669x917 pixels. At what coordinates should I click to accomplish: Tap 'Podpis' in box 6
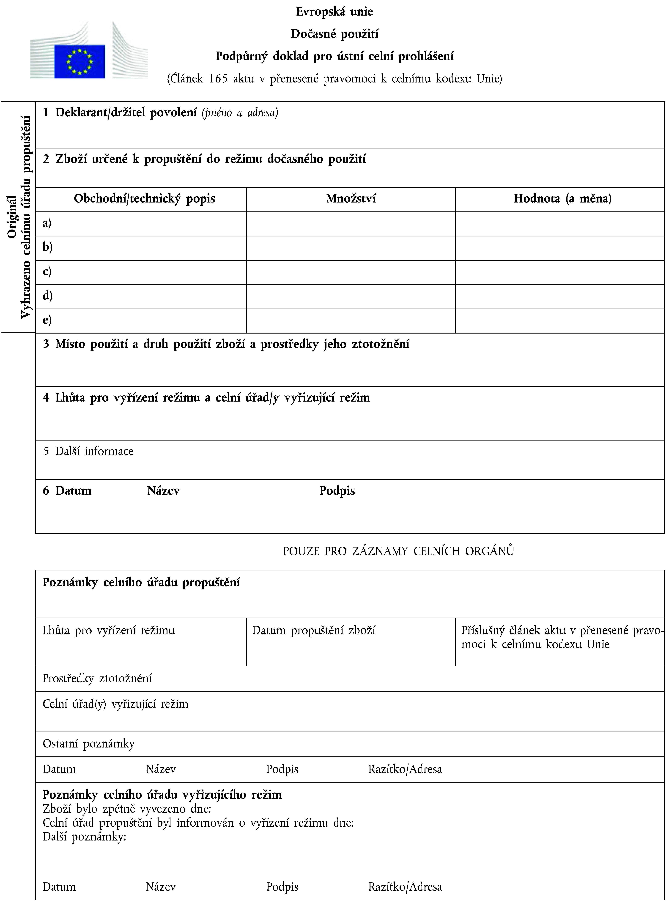(x=337, y=491)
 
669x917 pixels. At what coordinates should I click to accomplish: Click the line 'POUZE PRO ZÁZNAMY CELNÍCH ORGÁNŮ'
(x=398, y=551)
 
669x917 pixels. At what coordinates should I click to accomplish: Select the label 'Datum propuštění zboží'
(x=314, y=630)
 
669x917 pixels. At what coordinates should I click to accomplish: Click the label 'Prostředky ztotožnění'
(x=97, y=679)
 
